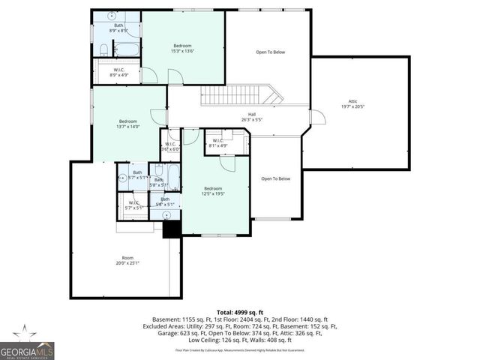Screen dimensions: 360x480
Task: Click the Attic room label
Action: (x=352, y=103)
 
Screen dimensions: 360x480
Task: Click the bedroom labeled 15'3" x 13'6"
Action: (x=183, y=49)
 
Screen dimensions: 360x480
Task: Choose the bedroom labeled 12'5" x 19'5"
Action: (x=214, y=192)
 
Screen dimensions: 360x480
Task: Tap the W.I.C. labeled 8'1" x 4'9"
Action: (x=218, y=143)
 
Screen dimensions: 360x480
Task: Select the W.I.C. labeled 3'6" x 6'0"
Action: (x=170, y=147)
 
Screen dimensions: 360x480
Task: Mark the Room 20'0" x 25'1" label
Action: (x=127, y=260)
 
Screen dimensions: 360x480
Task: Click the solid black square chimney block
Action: (x=172, y=230)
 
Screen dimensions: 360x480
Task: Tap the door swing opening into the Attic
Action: (x=317, y=118)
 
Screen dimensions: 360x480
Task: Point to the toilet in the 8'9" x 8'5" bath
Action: (x=103, y=50)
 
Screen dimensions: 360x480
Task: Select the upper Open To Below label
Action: (x=270, y=52)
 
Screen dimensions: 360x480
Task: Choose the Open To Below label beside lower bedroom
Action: (x=275, y=178)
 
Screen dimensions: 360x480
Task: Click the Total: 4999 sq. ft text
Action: (x=240, y=311)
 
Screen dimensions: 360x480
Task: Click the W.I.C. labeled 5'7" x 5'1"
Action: (x=135, y=205)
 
